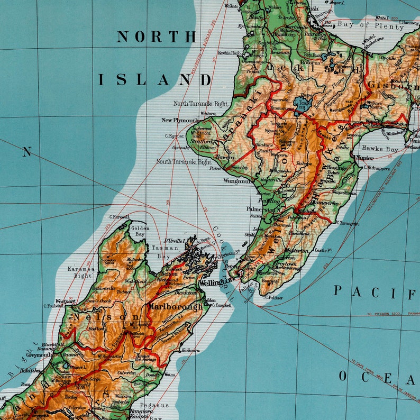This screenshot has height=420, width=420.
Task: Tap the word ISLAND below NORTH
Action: click(154, 80)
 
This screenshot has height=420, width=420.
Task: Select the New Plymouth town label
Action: click(180, 121)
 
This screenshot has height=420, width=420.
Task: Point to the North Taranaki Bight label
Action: click(200, 104)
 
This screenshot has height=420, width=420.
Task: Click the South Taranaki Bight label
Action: click(184, 161)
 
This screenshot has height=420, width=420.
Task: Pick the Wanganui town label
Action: click(236, 181)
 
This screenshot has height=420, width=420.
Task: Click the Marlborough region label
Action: click(175, 306)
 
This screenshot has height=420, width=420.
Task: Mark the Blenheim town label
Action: click(186, 292)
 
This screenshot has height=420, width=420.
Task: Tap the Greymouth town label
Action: click(39, 355)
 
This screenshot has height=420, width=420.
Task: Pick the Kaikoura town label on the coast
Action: click(190, 350)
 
